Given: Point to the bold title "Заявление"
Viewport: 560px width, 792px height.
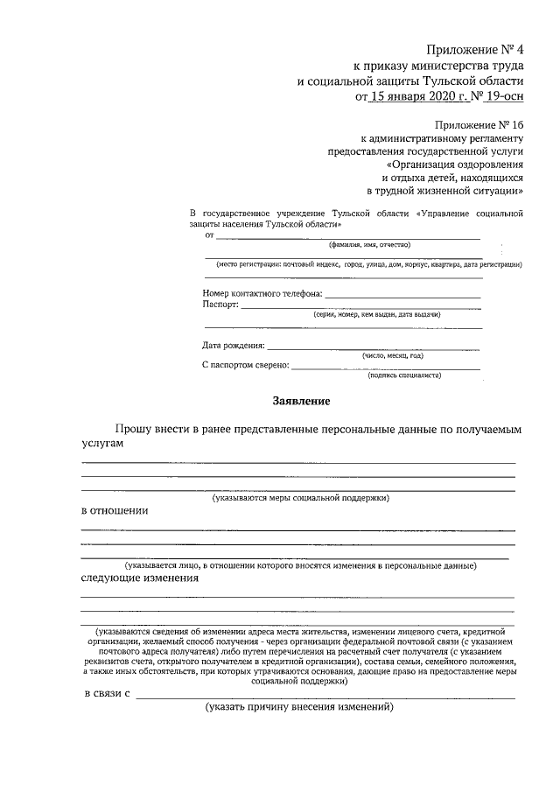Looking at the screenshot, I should point(301,402).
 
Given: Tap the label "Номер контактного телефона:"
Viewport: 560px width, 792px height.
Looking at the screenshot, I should point(262,293).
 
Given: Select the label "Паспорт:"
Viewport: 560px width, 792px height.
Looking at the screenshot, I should point(220,305).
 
